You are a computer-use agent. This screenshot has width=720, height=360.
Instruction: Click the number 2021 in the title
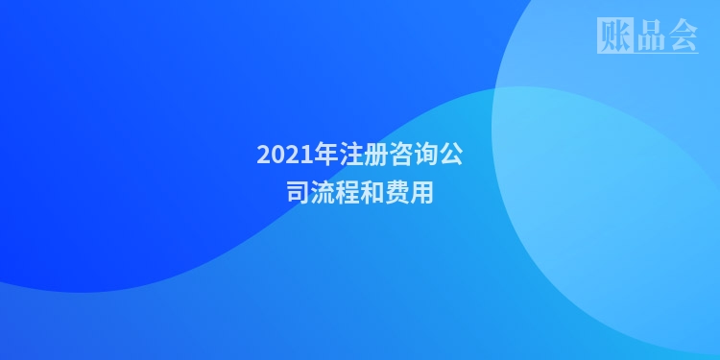coord(279,155)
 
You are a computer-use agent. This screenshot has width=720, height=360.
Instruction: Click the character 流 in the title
coord(323,193)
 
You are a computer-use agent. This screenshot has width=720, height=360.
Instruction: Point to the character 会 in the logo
coord(682,35)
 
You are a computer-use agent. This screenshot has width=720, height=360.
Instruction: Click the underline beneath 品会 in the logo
coord(666,52)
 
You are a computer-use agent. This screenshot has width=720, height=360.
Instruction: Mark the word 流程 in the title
coord(335,193)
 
